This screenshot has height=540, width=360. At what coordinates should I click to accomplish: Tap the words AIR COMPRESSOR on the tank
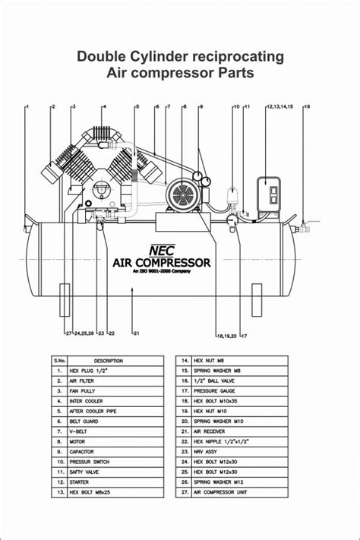161,262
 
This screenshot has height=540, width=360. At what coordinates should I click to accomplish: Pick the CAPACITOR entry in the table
84,451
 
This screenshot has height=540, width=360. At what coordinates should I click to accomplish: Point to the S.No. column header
58,360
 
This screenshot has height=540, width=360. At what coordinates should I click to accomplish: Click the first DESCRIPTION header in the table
108,360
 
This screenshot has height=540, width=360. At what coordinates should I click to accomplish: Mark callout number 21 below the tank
136,333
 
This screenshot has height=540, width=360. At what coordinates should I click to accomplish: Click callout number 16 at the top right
307,106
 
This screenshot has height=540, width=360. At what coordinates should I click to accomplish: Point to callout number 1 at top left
27,106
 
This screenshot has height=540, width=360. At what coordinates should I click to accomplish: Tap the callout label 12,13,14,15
279,106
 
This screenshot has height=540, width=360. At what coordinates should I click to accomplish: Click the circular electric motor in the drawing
183,196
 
